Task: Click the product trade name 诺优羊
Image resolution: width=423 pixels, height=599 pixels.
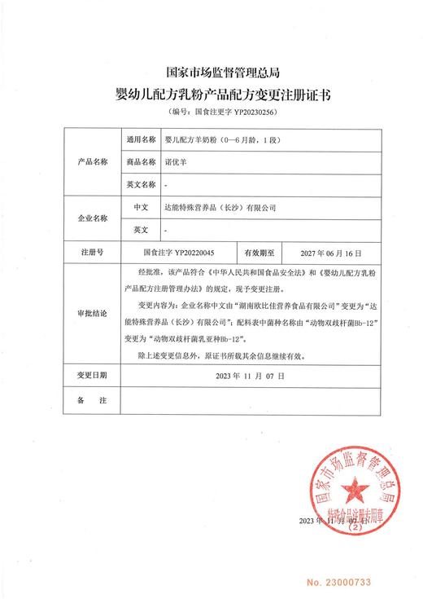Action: click(x=176, y=163)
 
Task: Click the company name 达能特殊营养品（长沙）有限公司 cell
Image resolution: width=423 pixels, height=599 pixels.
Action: click(x=220, y=209)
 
